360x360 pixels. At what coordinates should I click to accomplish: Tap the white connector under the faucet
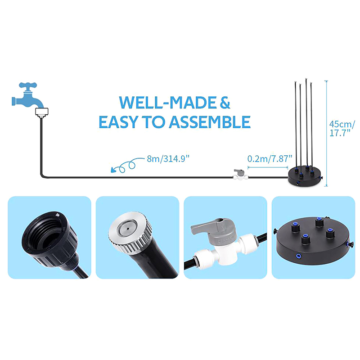click(x=41, y=112)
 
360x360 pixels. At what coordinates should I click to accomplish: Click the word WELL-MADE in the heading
click(x=167, y=103)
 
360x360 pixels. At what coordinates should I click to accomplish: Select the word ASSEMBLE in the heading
click(x=210, y=122)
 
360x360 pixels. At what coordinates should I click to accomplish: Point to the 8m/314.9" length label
click(x=168, y=159)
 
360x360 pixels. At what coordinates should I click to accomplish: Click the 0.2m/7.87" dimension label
click(x=270, y=159)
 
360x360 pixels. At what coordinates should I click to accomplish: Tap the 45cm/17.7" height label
click(x=342, y=129)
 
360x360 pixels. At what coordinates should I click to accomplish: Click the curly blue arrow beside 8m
click(x=127, y=165)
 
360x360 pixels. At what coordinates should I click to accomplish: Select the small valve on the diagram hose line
click(x=240, y=175)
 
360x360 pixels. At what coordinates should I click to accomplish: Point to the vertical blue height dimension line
click(x=327, y=133)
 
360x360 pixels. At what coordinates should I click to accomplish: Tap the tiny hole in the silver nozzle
click(x=127, y=229)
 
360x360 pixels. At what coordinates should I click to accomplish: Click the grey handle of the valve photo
click(x=208, y=225)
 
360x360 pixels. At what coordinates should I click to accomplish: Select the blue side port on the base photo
click(x=299, y=255)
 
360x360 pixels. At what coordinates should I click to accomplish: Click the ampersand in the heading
click(x=225, y=103)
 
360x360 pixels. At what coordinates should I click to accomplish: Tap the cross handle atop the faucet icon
click(x=28, y=85)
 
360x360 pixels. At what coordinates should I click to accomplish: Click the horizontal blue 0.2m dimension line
click(x=268, y=167)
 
